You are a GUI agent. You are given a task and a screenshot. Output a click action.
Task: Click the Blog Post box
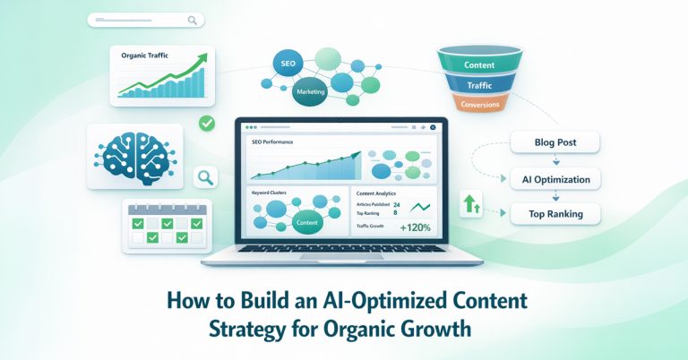555,142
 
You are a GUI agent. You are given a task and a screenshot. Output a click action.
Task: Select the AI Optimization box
555,179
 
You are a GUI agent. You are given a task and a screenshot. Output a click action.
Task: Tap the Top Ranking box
555,214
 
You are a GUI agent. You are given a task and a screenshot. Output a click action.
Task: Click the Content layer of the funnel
480,65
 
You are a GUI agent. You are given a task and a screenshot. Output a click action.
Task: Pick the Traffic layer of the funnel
480,86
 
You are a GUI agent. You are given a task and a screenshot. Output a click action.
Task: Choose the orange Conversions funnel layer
480,104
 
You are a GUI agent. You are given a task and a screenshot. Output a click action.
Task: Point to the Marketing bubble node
311,91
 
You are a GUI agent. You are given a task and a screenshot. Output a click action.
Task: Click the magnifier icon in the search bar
193,20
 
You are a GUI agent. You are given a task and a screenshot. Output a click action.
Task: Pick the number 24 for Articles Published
397,205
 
